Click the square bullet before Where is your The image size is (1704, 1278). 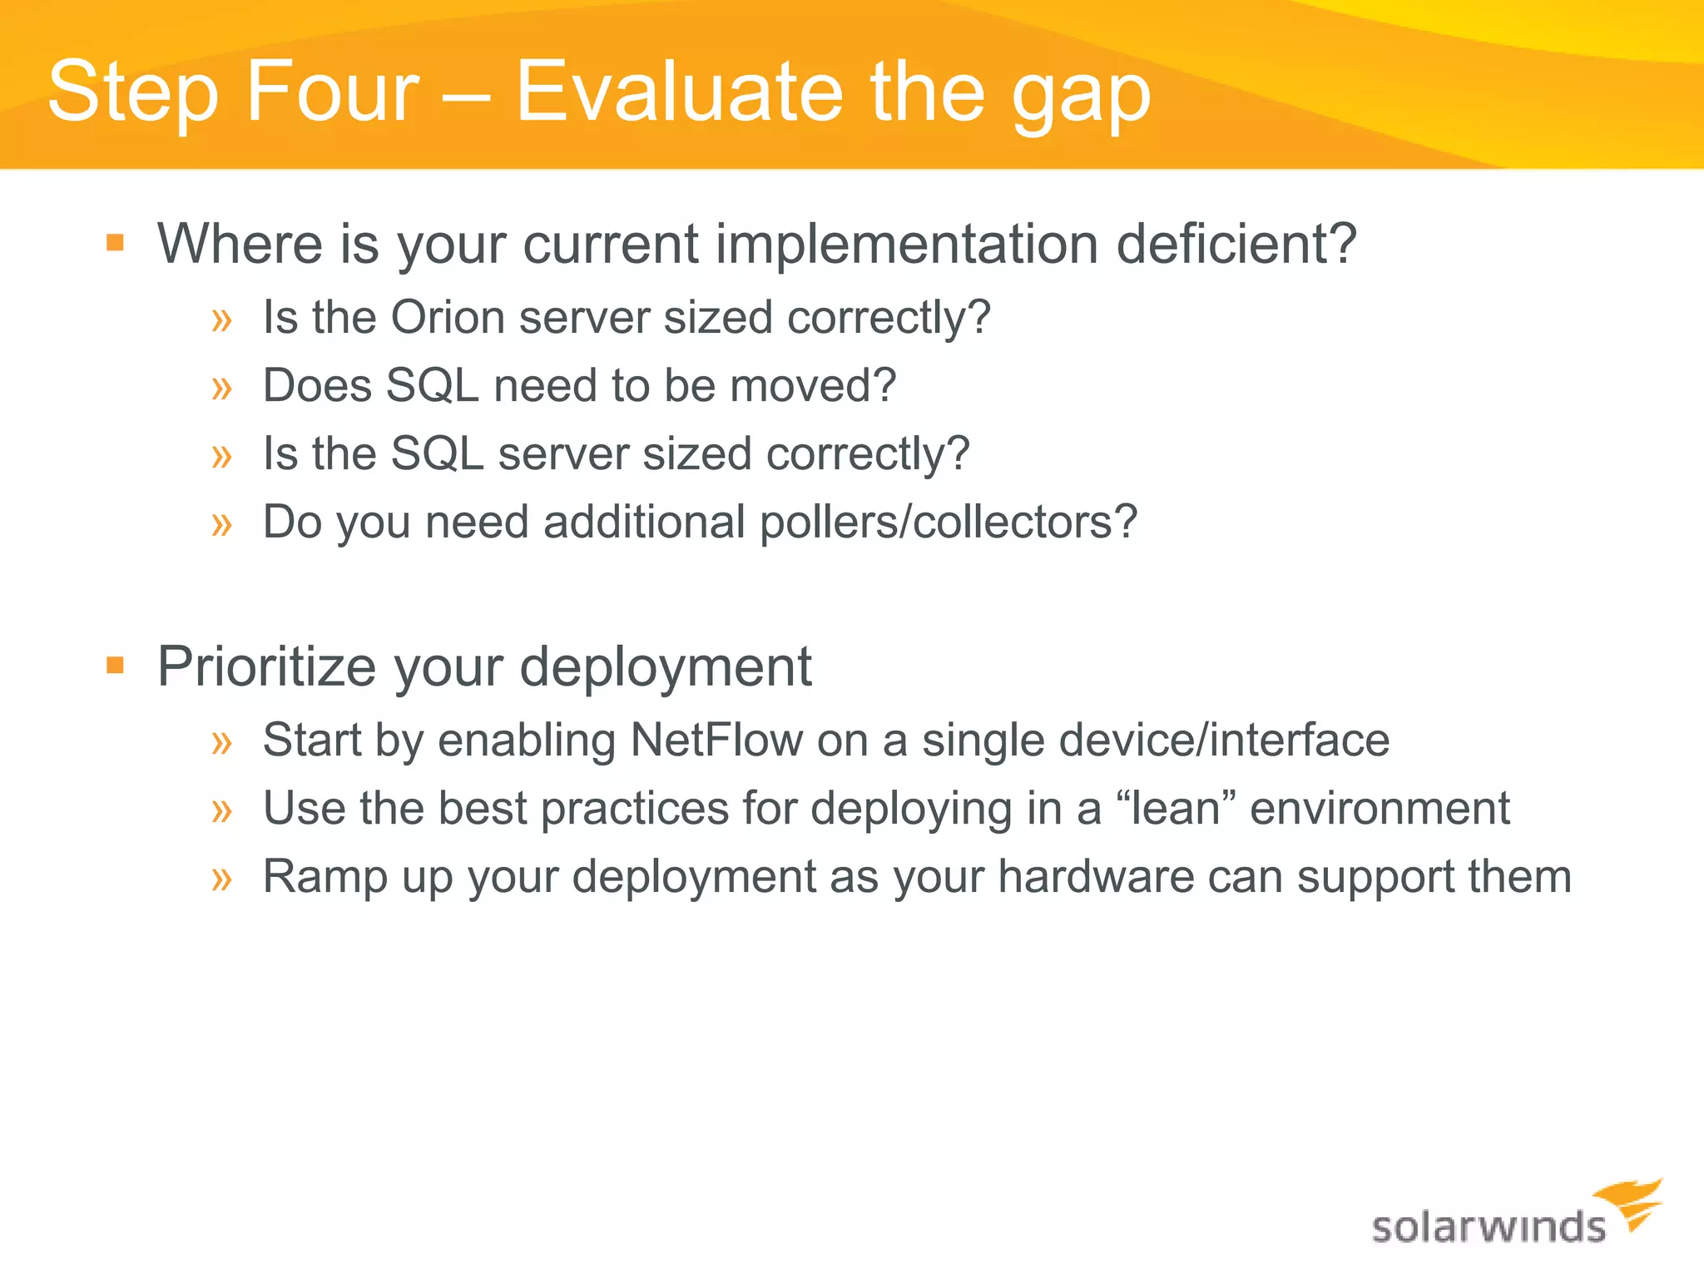116,244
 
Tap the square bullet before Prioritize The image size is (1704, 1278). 116,666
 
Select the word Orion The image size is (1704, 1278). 448,318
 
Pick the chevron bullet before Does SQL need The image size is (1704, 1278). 221,388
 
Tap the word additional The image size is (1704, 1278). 644,523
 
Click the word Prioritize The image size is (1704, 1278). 267,667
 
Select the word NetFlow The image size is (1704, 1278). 716,741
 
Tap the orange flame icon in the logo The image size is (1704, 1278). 1631,1203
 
